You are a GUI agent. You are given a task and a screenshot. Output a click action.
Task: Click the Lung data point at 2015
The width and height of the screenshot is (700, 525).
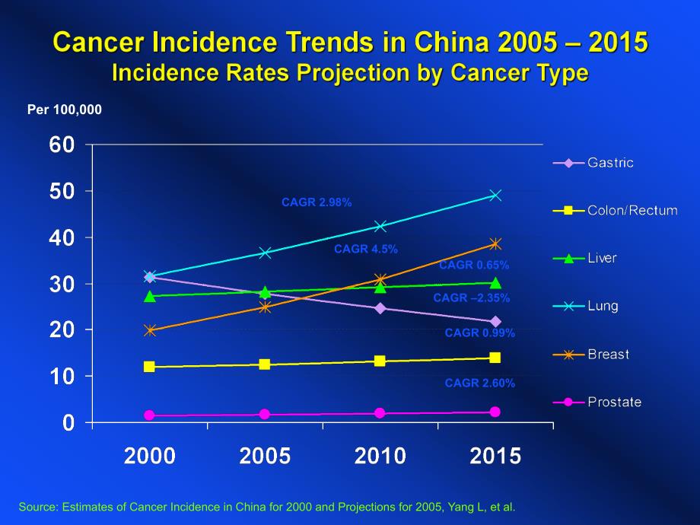[495, 196]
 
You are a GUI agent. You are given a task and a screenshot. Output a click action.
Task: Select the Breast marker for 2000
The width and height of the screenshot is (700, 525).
[150, 330]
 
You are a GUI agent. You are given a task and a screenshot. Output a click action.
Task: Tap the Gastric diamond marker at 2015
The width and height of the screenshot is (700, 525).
[495, 322]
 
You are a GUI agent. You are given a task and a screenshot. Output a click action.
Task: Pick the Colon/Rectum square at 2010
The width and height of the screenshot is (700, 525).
[380, 361]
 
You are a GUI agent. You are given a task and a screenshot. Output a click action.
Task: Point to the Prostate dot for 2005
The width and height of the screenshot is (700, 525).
[265, 415]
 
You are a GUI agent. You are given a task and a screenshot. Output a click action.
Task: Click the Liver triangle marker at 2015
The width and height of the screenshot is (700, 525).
[495, 282]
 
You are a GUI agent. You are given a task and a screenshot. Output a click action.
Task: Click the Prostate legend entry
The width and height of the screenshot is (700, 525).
[614, 402]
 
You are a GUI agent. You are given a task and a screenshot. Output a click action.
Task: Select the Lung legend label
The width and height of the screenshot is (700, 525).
[603, 306]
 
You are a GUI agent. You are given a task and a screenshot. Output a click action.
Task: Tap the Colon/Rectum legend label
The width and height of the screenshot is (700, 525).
[632, 210]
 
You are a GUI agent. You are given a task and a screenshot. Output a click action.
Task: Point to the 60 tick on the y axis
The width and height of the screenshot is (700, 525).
[63, 145]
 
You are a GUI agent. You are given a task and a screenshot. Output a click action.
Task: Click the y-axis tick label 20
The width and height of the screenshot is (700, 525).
[63, 330]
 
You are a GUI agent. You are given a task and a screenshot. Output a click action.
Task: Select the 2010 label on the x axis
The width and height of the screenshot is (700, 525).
[380, 457]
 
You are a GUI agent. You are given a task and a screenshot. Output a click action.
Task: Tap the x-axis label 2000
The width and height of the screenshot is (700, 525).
[150, 457]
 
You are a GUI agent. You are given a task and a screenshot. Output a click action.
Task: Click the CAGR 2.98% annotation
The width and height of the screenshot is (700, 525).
[317, 202]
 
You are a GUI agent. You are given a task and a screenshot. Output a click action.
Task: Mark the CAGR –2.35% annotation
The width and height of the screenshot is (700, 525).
[472, 298]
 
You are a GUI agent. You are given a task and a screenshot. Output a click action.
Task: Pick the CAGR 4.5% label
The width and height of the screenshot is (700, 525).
[366, 249]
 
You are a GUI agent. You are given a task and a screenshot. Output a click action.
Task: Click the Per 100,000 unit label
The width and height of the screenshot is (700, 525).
[65, 110]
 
